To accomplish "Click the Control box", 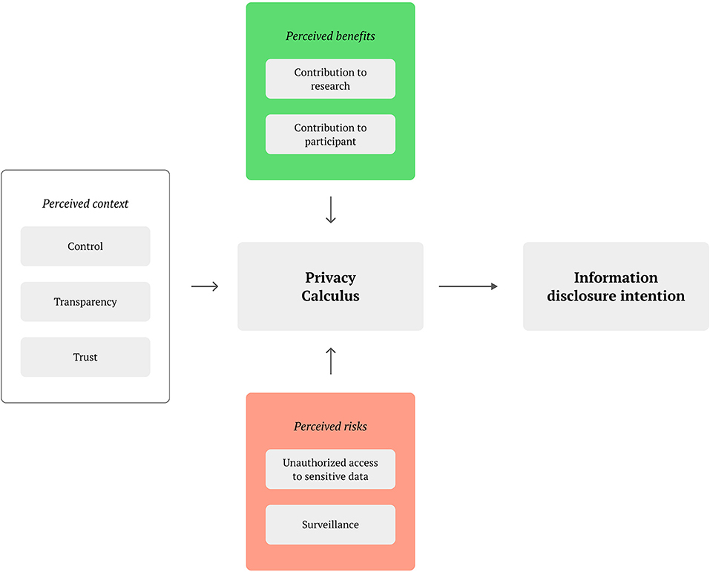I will pos(85,246).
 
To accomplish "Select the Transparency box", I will pos(85,302).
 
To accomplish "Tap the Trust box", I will pos(85,357).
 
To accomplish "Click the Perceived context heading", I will pos(85,203).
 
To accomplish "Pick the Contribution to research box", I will pos(330,79).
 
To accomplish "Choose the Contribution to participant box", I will pos(330,134).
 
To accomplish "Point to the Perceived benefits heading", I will pos(330,36).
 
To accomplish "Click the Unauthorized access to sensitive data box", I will pos(330,470).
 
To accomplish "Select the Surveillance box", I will pos(330,525).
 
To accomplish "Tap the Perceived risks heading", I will pos(330,427).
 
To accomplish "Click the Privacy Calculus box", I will pos(330,286).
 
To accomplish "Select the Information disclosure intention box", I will pos(616,286).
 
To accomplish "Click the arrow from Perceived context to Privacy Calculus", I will pos(205,286).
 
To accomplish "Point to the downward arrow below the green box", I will pos(331,210).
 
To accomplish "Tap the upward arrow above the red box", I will pos(331,361).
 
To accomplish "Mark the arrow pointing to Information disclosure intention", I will pos(468,286).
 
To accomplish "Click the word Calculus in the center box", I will pos(330,296).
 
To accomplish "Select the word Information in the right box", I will pos(616,277).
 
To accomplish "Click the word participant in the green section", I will pos(330,142).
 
